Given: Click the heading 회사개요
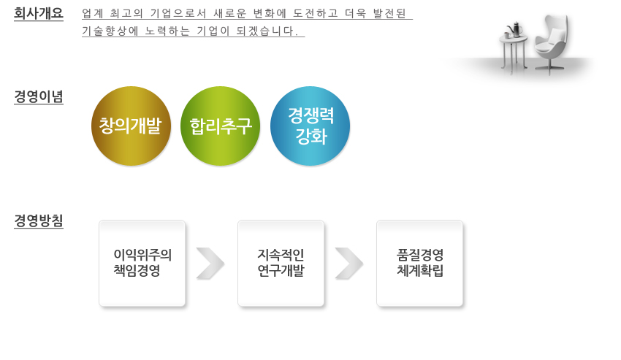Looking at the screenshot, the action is (39, 13).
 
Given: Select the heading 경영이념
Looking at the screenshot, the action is (39, 96).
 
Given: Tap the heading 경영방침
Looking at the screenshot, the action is (39, 221).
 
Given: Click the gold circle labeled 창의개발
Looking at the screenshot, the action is (131, 126).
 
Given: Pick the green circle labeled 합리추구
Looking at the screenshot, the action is (220, 126).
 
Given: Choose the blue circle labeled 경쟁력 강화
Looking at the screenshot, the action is (310, 126).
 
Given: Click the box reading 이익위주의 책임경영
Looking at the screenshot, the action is (142, 264).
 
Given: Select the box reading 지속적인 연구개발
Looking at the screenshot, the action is (281, 264).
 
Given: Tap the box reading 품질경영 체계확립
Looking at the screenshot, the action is (420, 264).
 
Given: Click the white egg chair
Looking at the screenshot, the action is (552, 45).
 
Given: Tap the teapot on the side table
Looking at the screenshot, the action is (515, 29).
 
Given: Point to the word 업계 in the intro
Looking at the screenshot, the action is (93, 13).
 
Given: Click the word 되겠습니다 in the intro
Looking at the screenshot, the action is (264, 31).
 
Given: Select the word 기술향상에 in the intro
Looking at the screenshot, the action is (110, 31).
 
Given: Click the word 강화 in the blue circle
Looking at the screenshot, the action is (311, 137).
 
